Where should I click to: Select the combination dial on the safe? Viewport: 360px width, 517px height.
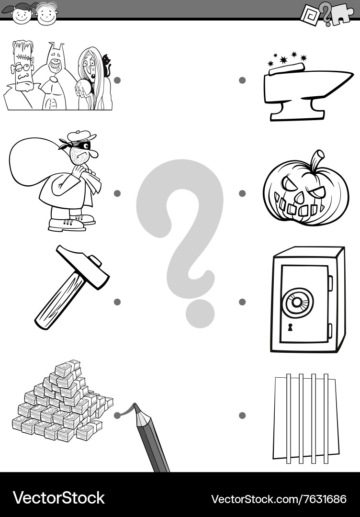point(297,302)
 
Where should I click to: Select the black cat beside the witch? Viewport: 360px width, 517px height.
point(106,67)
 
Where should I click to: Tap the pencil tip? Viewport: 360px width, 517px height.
point(136,407)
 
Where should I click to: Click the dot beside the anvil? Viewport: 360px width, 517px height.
point(242,80)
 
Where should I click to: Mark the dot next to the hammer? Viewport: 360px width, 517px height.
point(117,302)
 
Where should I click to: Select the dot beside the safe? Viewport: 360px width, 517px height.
point(242,302)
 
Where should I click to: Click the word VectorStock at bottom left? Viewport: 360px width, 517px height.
point(58,498)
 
